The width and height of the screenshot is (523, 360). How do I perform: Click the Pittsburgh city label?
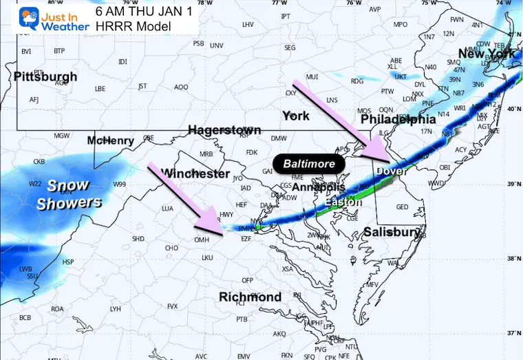click(x=45, y=76)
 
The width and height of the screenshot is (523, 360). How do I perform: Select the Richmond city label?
click(x=250, y=297)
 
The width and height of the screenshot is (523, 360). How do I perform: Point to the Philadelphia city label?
click(x=399, y=119)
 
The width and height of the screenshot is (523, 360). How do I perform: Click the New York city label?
click(x=487, y=54)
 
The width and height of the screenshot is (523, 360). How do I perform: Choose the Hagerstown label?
click(x=224, y=130)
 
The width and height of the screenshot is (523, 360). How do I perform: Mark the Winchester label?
click(x=195, y=173)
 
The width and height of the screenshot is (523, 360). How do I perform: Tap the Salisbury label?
click(x=392, y=233)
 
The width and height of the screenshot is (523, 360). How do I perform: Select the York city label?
click(x=296, y=116)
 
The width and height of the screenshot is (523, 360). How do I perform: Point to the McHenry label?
click(x=110, y=141)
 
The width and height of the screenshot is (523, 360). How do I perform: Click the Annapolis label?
click(x=318, y=187)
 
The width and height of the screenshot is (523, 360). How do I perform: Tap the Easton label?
click(x=343, y=202)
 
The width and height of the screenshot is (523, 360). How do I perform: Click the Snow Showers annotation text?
click(x=69, y=194)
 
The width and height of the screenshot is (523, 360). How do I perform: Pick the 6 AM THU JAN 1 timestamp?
click(x=145, y=11)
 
